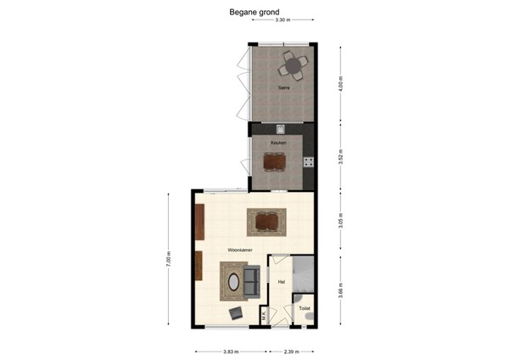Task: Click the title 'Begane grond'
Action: pyautogui.click(x=255, y=13)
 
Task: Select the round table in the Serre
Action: pyautogui.click(x=294, y=65)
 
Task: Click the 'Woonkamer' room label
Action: pyautogui.click(x=241, y=250)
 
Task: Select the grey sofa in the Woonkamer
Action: pyautogui.click(x=252, y=281)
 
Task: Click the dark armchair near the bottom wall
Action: pyautogui.click(x=236, y=313)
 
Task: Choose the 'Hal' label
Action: pyautogui.click(x=281, y=279)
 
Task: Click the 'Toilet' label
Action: pyautogui.click(x=305, y=308)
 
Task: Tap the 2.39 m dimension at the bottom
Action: pyautogui.click(x=290, y=351)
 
